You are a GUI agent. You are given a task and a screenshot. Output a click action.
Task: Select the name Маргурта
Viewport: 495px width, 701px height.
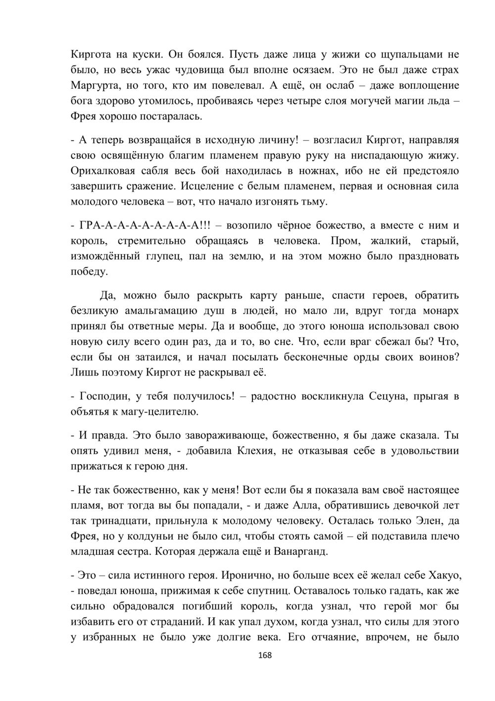[94, 85]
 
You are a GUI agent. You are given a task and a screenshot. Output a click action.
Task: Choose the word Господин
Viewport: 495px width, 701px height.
[103, 396]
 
